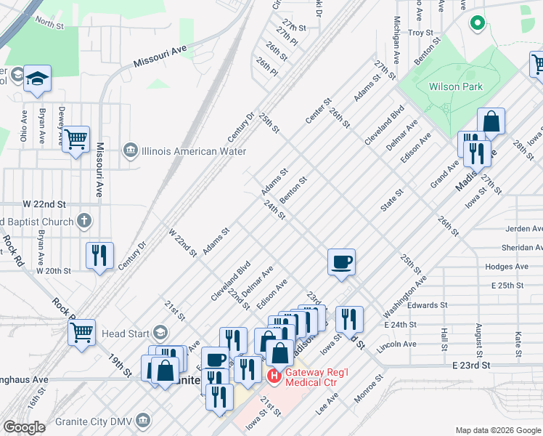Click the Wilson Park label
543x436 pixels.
(x=455, y=86)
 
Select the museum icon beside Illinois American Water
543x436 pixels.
(x=130, y=151)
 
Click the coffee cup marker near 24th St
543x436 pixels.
(x=341, y=261)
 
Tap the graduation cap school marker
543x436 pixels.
(x=37, y=78)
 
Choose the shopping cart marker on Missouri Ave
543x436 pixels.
(x=75, y=138)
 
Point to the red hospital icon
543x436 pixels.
(x=274, y=376)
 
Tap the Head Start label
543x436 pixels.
(x=126, y=334)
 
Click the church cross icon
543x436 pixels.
(x=84, y=220)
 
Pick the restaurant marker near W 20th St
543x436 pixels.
(x=99, y=255)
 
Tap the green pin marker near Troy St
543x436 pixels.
(x=478, y=23)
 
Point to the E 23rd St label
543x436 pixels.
(x=473, y=365)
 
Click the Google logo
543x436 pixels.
(x=24, y=427)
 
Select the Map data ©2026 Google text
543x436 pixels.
(x=497, y=430)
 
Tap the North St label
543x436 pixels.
(x=49, y=23)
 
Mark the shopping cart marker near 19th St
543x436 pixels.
(x=82, y=332)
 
